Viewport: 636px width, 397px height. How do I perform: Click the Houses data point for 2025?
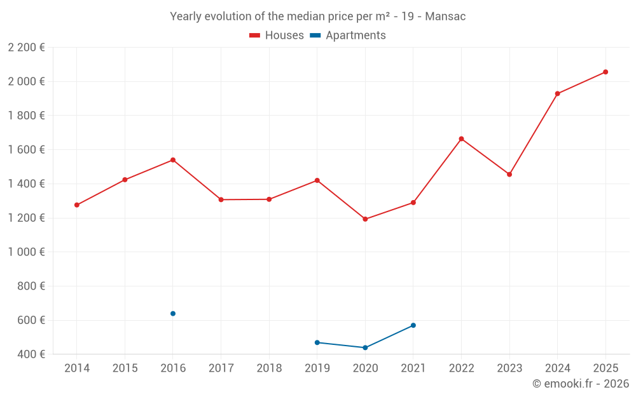(x=605, y=72)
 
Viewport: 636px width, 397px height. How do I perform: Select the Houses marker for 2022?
(x=461, y=138)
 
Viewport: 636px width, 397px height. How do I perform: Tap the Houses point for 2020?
(x=365, y=219)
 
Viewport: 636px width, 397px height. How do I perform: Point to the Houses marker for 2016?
(x=173, y=160)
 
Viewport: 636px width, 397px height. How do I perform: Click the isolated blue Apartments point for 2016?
(x=173, y=313)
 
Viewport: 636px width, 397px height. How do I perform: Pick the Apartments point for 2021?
(x=413, y=325)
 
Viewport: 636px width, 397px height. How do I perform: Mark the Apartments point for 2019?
(x=317, y=342)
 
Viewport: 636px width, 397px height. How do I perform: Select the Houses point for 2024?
(x=558, y=94)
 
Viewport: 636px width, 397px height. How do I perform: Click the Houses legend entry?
(x=277, y=36)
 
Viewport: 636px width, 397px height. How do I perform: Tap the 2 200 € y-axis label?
(x=26, y=48)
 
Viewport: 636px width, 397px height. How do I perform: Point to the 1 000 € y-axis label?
(x=26, y=252)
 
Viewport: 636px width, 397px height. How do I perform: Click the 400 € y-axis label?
(x=31, y=354)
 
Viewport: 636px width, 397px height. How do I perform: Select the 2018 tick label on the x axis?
(x=269, y=368)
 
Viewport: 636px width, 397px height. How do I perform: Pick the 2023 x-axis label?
(x=509, y=368)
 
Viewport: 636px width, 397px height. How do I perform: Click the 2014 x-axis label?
(x=77, y=368)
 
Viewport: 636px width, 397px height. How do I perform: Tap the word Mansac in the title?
(x=445, y=17)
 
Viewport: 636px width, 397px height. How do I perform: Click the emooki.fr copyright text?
(x=581, y=384)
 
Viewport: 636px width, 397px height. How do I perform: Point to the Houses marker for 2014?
(x=77, y=205)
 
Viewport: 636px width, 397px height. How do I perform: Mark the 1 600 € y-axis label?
(x=26, y=150)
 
